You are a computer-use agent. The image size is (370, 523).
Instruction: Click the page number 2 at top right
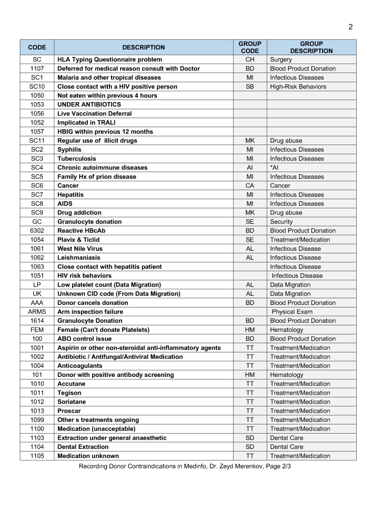(x=351, y=27)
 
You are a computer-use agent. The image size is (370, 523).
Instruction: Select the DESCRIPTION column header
(x=144, y=47)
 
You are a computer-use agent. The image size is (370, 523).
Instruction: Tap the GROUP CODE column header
(x=250, y=47)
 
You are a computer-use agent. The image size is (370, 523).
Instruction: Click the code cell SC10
(x=37, y=87)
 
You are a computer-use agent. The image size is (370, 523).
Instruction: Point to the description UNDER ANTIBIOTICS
(x=89, y=105)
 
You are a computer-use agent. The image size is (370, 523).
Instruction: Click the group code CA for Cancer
(x=250, y=186)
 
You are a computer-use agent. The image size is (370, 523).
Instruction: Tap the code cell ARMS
(x=37, y=312)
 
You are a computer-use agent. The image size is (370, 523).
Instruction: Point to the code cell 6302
(x=37, y=231)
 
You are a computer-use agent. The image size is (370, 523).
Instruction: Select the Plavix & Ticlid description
(x=78, y=240)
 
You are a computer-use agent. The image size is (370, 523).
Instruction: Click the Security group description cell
(x=282, y=222)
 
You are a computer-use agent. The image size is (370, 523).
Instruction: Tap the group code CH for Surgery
(x=250, y=60)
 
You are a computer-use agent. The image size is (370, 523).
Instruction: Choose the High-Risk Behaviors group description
(x=298, y=87)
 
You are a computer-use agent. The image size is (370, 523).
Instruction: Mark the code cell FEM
(x=37, y=330)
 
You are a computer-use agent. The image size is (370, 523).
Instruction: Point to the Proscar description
(x=69, y=411)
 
